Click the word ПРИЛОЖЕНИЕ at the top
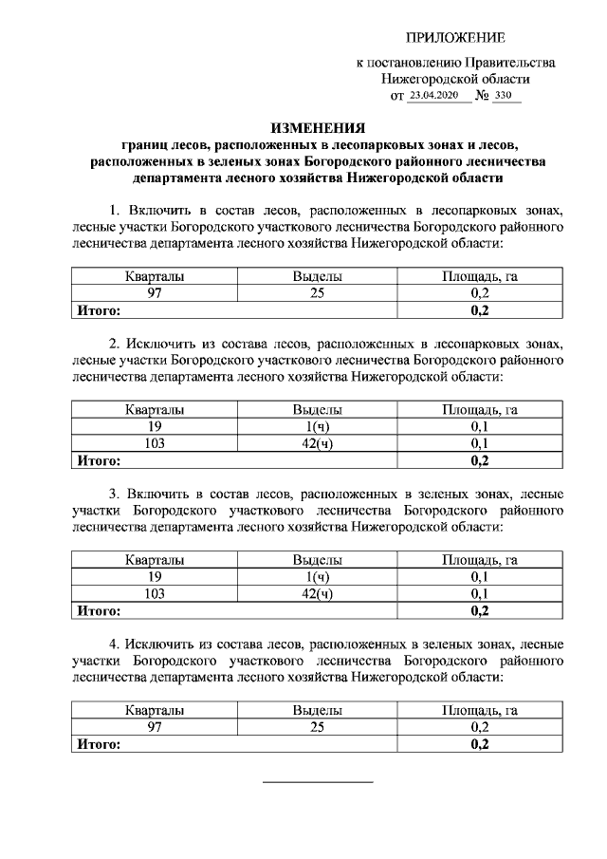(455, 37)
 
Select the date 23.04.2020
(437, 96)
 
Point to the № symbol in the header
(482, 96)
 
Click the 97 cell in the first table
(155, 293)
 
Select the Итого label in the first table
(98, 309)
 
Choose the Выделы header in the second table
(317, 410)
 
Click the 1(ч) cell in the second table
(317, 427)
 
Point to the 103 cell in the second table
(155, 443)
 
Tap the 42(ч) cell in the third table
(317, 594)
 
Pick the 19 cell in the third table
(155, 577)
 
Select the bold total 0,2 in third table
(479, 610)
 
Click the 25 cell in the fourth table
(317, 727)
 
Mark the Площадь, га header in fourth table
(479, 710)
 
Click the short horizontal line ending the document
(317, 782)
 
